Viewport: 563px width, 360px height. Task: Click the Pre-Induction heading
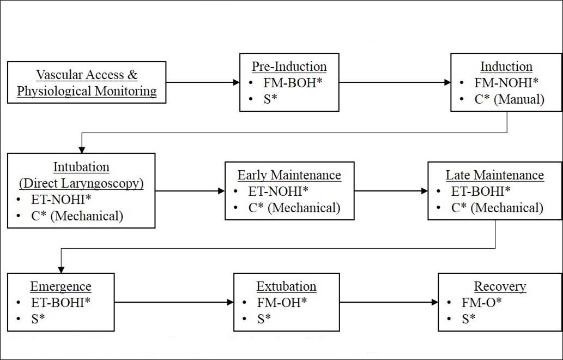(289, 67)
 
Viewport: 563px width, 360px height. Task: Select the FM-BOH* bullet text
(293, 82)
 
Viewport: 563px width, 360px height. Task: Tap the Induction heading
(506, 67)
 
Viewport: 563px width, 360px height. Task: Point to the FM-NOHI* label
(506, 82)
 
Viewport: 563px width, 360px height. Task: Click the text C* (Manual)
(509, 99)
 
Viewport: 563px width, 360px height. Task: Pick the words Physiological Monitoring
(87, 91)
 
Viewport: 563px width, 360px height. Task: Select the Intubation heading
(81, 167)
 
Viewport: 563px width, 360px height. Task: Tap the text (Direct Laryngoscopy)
(81, 183)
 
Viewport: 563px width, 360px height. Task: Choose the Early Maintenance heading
(289, 175)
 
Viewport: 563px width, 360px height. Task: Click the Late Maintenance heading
(494, 175)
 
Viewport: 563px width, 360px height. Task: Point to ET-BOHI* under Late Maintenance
(480, 191)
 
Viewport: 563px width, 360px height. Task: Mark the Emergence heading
(60, 286)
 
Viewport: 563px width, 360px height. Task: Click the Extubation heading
(286, 286)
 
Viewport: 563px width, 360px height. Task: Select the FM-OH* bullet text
(282, 303)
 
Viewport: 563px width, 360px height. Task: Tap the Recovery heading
(500, 286)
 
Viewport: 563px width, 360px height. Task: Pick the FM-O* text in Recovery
(481, 303)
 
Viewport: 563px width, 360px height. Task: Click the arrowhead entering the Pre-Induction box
(236, 82)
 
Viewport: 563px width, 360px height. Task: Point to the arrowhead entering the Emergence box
(61, 269)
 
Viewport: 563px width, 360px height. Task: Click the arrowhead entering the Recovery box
(434, 302)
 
